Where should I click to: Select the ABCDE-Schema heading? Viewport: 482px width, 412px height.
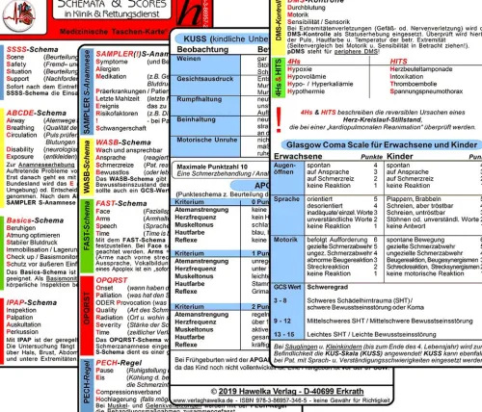pos(33,112)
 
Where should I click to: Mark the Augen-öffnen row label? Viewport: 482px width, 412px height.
pos(286,173)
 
